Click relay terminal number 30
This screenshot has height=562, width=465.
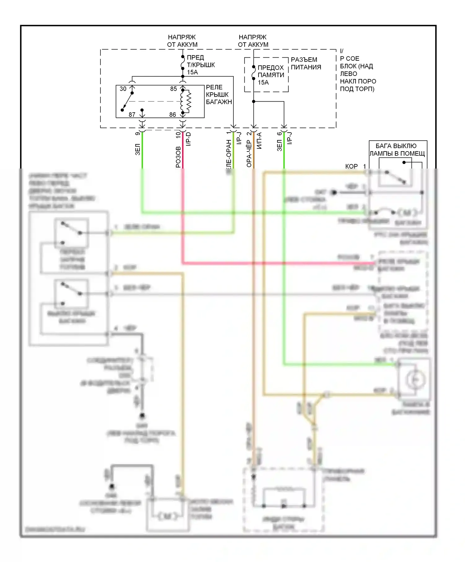(123, 89)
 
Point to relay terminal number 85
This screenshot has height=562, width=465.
(173, 89)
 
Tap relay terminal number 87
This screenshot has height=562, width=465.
(132, 115)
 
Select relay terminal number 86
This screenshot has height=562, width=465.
(173, 115)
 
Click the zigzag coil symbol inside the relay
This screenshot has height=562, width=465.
(188, 101)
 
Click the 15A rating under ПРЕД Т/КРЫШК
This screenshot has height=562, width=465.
(192, 72)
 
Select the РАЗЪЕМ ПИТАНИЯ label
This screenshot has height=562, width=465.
(306, 64)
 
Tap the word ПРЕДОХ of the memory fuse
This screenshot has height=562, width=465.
(271, 68)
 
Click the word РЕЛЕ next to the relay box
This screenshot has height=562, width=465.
(214, 87)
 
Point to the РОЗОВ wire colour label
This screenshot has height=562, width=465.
(178, 157)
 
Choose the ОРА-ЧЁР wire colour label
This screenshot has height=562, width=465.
(249, 154)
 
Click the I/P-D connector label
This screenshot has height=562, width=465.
(188, 139)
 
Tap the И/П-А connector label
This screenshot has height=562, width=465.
(259, 141)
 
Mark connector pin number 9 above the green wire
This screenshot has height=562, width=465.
(138, 134)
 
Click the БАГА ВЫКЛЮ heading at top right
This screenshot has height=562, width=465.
(396, 146)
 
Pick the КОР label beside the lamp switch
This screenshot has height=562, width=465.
(351, 166)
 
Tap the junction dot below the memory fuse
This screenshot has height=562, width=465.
(254, 101)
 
